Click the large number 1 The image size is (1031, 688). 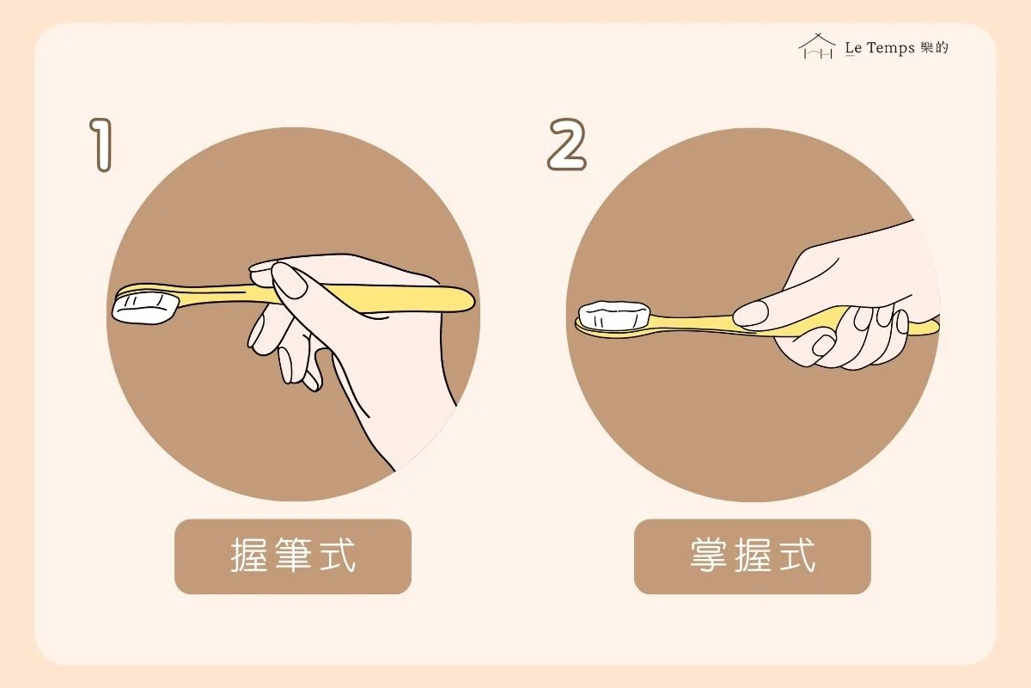pyautogui.click(x=102, y=144)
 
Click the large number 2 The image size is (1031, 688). pyautogui.click(x=567, y=144)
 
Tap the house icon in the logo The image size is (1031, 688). pyautogui.click(x=817, y=46)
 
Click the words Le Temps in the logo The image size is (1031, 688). pyautogui.click(x=880, y=48)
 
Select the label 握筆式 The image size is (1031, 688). pyautogui.click(x=293, y=556)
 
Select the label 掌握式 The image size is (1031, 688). pyautogui.click(x=752, y=556)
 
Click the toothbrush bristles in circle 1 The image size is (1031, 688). pyautogui.click(x=145, y=309)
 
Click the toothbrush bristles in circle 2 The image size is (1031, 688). pyautogui.click(x=614, y=316)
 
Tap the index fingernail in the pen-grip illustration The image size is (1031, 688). pyautogui.click(x=289, y=279)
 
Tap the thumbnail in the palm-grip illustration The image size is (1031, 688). pyautogui.click(x=750, y=313)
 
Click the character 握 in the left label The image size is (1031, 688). pyautogui.click(x=249, y=556)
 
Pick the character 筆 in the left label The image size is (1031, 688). pyautogui.click(x=293, y=556)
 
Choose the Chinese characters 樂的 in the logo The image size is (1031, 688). pyautogui.click(x=935, y=47)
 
